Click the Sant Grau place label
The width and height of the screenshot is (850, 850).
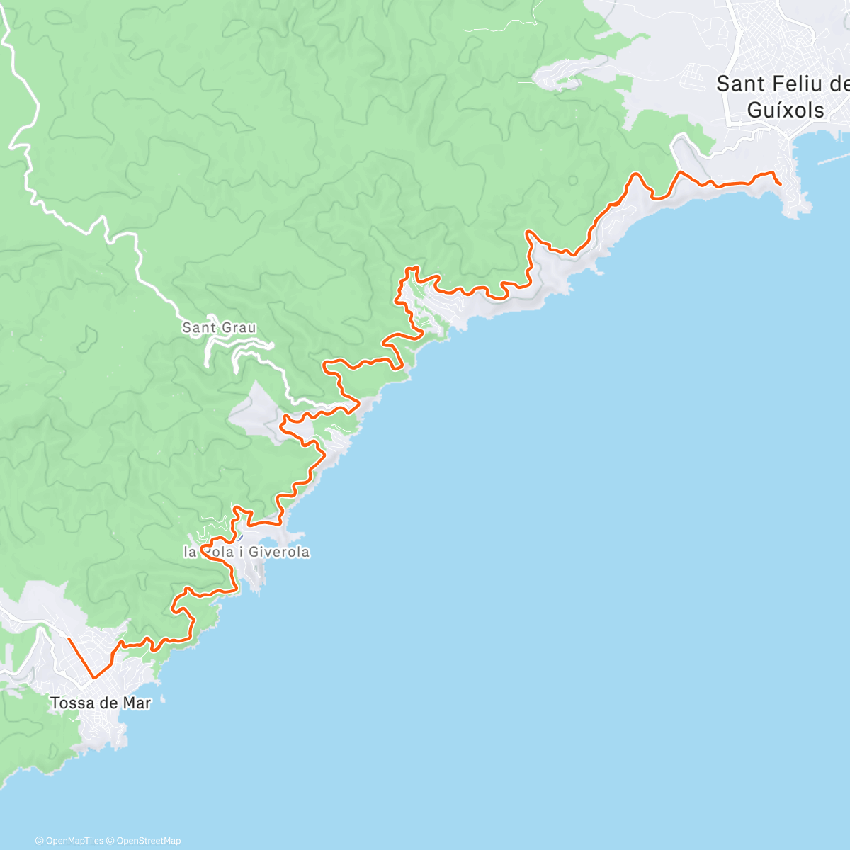coord(219,328)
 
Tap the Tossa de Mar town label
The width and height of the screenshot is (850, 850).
coord(101,703)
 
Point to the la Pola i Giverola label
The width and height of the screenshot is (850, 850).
coord(246,552)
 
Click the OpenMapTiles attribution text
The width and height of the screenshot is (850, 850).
coord(69,841)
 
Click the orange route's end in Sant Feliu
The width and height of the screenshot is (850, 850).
coord(781,184)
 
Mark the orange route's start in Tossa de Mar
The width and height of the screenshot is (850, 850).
coord(69,639)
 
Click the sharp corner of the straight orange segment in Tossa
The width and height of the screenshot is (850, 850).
coord(93,678)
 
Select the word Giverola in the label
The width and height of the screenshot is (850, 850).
coord(277,552)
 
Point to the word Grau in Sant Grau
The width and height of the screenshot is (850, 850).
coord(239,328)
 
